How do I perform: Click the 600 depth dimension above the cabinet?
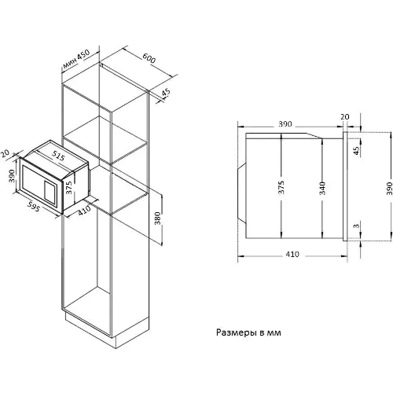[149, 58]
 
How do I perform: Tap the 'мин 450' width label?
[76, 59]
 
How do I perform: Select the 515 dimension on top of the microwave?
[58, 156]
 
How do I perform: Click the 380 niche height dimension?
[157, 219]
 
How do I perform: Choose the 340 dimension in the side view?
[322, 188]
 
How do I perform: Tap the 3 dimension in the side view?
[356, 226]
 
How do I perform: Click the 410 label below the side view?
[292, 254]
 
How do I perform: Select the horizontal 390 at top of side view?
[285, 123]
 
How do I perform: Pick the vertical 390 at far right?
[390, 189]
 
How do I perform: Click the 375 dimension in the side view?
[281, 187]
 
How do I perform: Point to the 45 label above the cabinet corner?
[166, 92]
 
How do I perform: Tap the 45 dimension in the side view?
[356, 151]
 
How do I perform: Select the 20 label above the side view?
[345, 116]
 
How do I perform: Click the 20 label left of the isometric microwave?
[5, 153]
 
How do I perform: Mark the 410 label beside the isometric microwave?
[84, 210]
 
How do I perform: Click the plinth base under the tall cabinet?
[107, 329]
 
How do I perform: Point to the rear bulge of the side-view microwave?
[241, 194]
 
